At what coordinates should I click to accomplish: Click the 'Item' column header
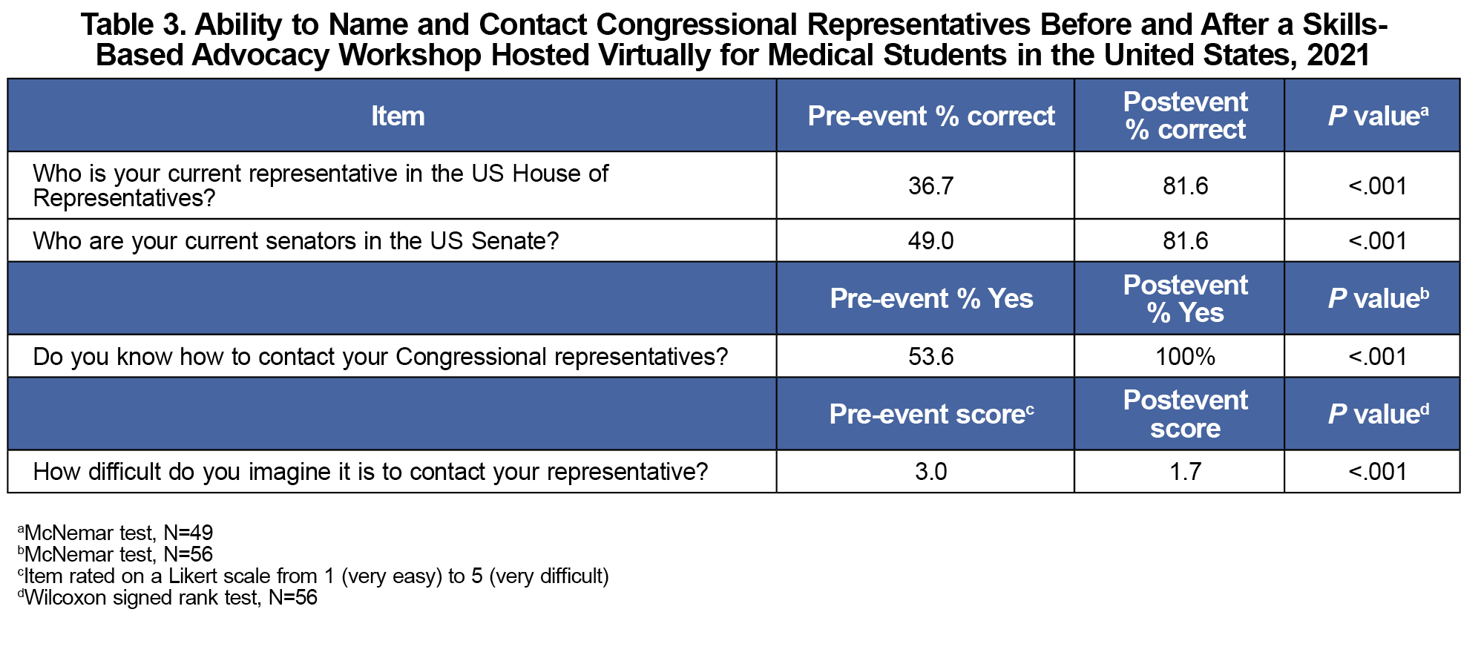[398, 116]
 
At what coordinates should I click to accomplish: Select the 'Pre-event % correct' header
[931, 116]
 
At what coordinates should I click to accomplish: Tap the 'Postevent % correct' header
[1185, 116]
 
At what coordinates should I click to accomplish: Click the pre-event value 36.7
[930, 185]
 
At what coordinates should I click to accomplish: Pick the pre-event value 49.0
[930, 240]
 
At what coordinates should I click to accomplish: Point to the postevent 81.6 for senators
[1185, 240]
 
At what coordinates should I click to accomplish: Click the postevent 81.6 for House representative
[1185, 185]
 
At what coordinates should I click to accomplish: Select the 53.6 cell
[930, 356]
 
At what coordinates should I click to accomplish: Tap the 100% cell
[1185, 356]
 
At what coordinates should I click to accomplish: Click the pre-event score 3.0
[930, 471]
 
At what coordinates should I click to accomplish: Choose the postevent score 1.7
[1185, 471]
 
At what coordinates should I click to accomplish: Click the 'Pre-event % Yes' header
[931, 298]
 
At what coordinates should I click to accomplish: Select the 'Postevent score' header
[1185, 414]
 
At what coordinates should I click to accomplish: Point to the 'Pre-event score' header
[931, 414]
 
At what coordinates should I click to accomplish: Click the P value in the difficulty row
[1377, 471]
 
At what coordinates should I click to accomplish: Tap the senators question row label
[295, 240]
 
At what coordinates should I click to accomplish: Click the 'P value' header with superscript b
[1378, 298]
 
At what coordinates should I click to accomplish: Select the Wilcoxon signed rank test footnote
[168, 597]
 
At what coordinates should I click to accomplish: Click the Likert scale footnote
[313, 576]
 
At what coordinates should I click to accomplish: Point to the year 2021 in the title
[1338, 55]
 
